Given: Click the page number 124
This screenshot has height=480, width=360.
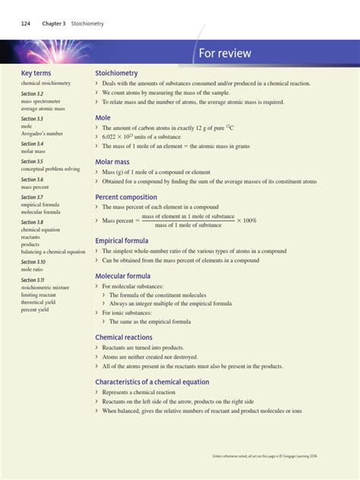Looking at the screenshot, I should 25,24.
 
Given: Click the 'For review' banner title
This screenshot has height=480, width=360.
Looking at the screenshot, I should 225,53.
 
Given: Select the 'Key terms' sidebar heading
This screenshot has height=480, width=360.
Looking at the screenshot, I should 36,74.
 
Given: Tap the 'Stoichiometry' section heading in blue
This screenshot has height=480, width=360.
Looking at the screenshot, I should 116,73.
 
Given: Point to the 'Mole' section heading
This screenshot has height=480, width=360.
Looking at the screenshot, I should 103,118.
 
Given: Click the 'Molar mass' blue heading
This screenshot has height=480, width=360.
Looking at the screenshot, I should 112,162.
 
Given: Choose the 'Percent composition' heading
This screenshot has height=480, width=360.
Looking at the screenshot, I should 126,197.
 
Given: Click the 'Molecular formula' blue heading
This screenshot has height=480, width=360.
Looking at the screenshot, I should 123,276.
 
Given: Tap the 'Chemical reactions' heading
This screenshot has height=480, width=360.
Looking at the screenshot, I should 124,337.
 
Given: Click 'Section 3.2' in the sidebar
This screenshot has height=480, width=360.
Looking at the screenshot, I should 32,93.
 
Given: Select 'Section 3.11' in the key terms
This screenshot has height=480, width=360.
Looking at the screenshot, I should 33,280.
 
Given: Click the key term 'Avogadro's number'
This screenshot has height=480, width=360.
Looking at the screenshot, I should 43,134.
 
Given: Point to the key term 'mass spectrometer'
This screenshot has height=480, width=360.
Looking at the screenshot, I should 41,101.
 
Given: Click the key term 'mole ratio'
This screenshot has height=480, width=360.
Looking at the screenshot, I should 33,270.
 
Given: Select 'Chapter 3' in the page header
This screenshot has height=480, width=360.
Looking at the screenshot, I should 54,24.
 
